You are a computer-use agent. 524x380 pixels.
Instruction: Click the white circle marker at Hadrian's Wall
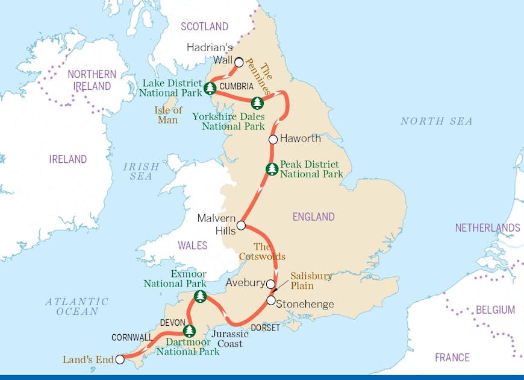coord(239,62)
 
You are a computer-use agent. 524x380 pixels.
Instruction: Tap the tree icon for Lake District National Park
coord(210,89)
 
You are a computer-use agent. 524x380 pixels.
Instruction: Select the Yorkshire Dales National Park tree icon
coord(257,103)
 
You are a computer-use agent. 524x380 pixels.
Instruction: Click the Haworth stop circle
coord(273,139)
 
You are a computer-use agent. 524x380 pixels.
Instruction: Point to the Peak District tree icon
coord(272,169)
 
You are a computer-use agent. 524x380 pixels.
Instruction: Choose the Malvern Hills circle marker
coord(241,226)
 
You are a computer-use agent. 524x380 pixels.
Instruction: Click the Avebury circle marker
coord(271,283)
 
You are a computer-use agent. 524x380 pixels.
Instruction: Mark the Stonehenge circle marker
coord(271,300)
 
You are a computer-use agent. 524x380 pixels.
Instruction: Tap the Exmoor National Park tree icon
coord(200,296)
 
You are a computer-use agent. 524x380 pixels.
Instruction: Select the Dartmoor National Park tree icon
coord(189,331)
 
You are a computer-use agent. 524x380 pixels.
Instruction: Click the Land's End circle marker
coord(120,359)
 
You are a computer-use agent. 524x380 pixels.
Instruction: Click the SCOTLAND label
coord(205,27)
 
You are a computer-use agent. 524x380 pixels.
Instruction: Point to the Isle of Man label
coord(168,115)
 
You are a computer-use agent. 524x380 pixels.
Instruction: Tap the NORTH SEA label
coord(436,121)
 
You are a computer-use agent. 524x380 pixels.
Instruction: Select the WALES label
coord(192,245)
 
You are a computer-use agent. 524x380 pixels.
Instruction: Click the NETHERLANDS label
coord(487,228)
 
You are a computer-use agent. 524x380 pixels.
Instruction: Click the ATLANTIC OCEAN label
coord(76,306)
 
